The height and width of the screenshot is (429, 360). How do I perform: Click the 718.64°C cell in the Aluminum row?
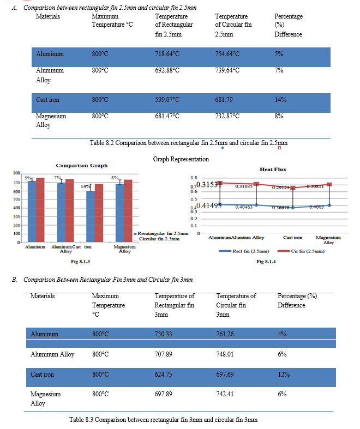click(167, 54)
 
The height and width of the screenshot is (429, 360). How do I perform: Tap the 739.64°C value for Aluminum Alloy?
click(227, 70)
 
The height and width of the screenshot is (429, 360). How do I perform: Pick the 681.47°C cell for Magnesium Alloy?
click(167, 116)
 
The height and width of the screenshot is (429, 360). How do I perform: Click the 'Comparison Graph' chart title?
click(82, 165)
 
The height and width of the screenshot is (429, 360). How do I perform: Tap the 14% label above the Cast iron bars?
click(85, 186)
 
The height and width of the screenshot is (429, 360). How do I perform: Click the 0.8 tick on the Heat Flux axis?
click(193, 178)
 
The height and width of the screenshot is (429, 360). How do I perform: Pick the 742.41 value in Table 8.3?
click(225, 394)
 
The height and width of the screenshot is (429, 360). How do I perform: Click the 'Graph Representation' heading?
click(181, 159)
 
